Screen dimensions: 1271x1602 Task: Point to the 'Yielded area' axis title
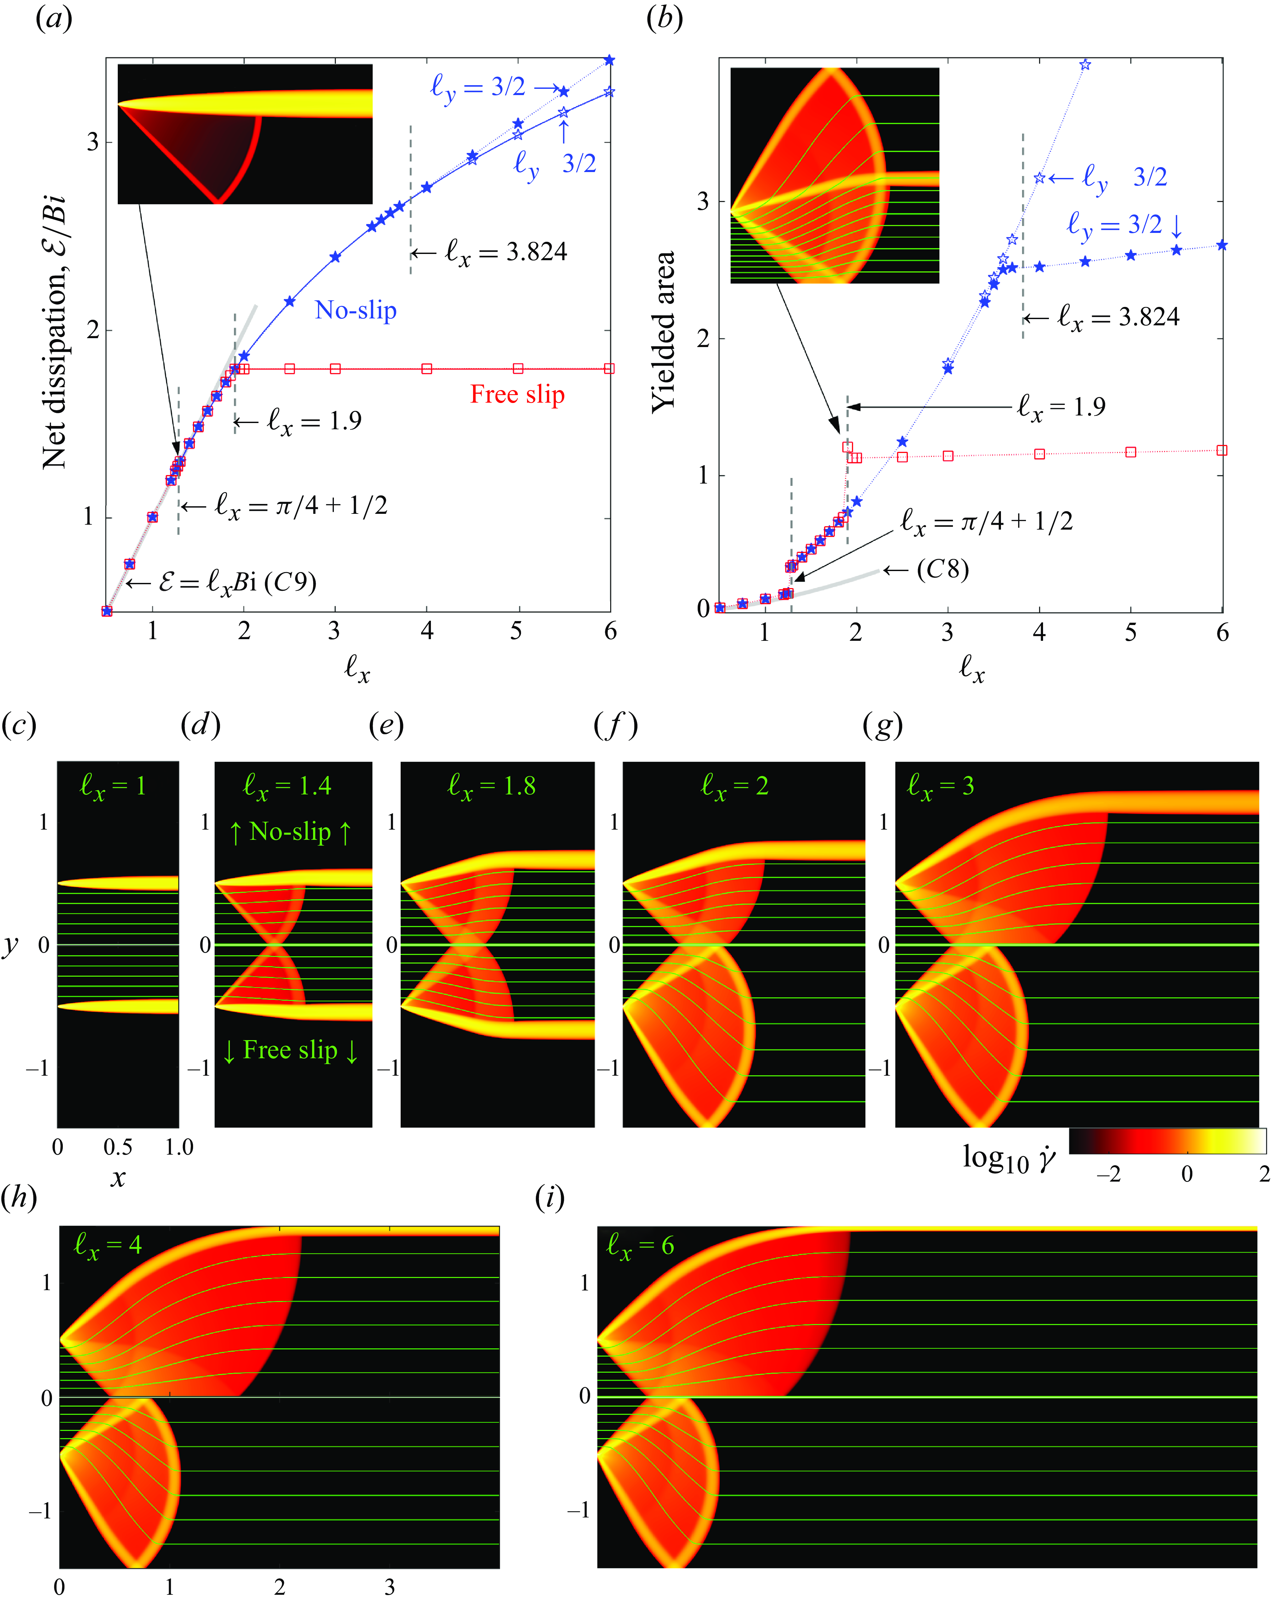tap(663, 331)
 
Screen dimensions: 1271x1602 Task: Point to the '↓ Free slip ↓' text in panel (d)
tap(290, 1050)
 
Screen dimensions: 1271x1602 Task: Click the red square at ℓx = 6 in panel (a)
tap(609, 368)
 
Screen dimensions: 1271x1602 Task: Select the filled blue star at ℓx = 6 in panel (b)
tap(1222, 245)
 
